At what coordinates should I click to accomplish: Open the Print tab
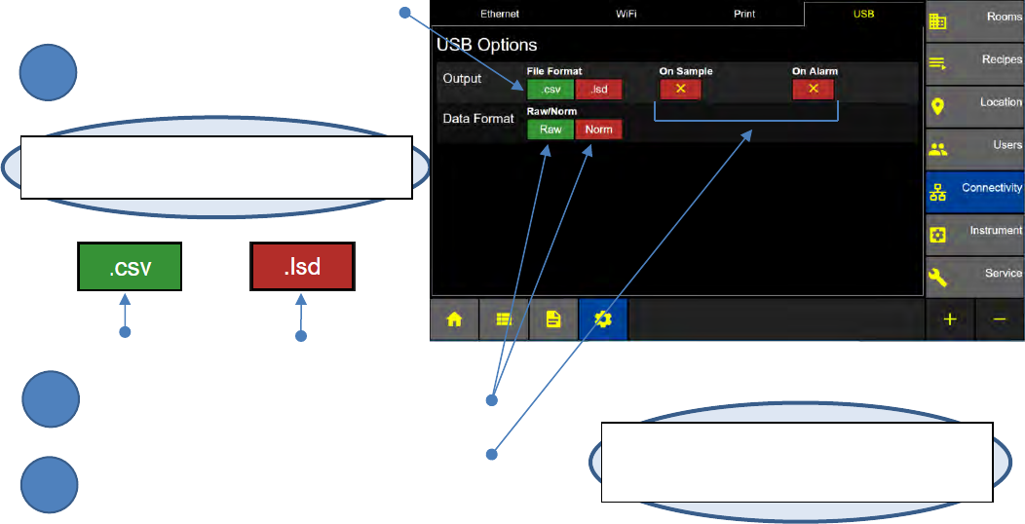click(743, 15)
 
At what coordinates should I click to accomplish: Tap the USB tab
click(863, 15)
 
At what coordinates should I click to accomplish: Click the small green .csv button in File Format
click(550, 90)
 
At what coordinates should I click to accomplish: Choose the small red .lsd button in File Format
click(598, 90)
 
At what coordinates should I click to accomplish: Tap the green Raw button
click(550, 130)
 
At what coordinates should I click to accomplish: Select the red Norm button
click(598, 130)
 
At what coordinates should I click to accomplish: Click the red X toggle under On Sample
click(681, 90)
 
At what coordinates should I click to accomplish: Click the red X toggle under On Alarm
click(813, 90)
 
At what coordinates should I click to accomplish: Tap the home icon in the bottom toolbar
click(454, 319)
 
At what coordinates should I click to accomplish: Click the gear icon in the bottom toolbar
click(603, 319)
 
